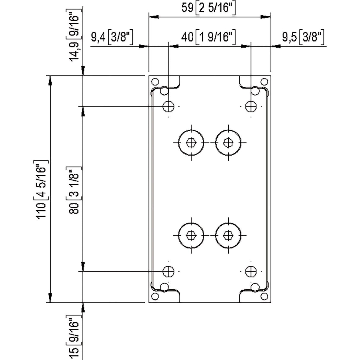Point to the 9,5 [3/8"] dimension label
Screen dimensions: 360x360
pyautogui.click(x=303, y=37)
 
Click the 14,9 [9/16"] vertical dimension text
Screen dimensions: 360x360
pyautogui.click(x=74, y=37)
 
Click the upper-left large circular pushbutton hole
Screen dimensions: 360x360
pyautogui.click(x=191, y=143)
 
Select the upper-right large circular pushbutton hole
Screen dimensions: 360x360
pyautogui.click(x=228, y=143)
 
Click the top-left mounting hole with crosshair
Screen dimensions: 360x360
pyautogui.click(x=169, y=106)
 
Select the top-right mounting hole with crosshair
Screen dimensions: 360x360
pyautogui.click(x=251, y=106)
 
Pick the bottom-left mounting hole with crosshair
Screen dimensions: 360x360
pyautogui.click(x=169, y=271)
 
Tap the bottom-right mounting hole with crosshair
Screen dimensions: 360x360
pyautogui.click(x=251, y=271)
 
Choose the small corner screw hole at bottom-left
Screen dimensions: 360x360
pyautogui.click(x=155, y=296)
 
